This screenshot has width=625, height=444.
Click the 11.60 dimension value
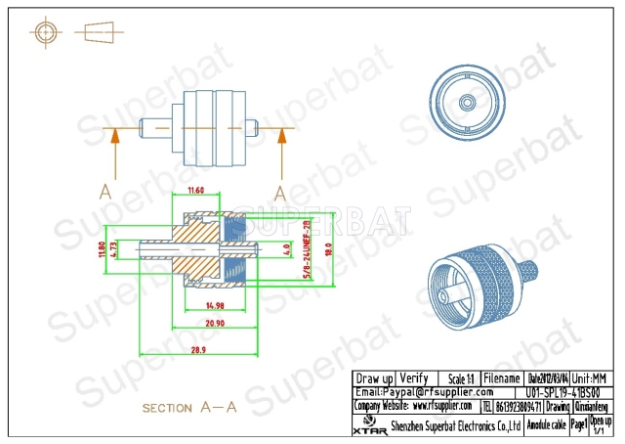click(x=195, y=190)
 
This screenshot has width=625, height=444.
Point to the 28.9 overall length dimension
click(x=199, y=349)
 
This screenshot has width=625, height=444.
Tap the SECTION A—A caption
click(x=188, y=408)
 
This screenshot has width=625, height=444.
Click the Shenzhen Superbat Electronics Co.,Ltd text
click(x=454, y=425)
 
